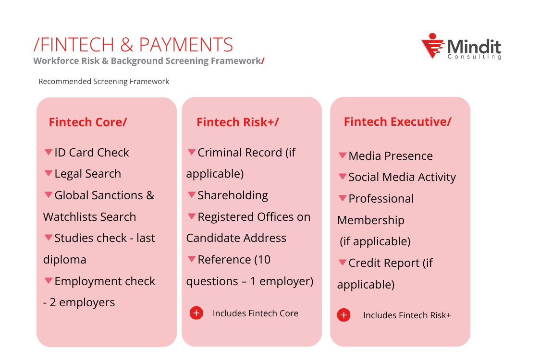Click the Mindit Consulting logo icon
click(x=432, y=46)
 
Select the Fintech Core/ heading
click(x=87, y=122)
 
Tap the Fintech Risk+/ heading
click(x=237, y=122)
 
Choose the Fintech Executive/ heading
click(x=397, y=121)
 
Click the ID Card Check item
click(x=91, y=153)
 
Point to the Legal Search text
click(x=87, y=174)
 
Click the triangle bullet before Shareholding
click(x=191, y=194)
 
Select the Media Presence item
click(x=390, y=156)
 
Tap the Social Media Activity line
click(x=402, y=177)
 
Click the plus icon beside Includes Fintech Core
click(x=196, y=313)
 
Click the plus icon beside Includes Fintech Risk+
click(x=344, y=315)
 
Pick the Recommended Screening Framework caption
click(x=104, y=82)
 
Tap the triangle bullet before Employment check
click(x=48, y=280)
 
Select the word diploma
click(x=65, y=260)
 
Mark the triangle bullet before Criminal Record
click(x=191, y=152)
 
